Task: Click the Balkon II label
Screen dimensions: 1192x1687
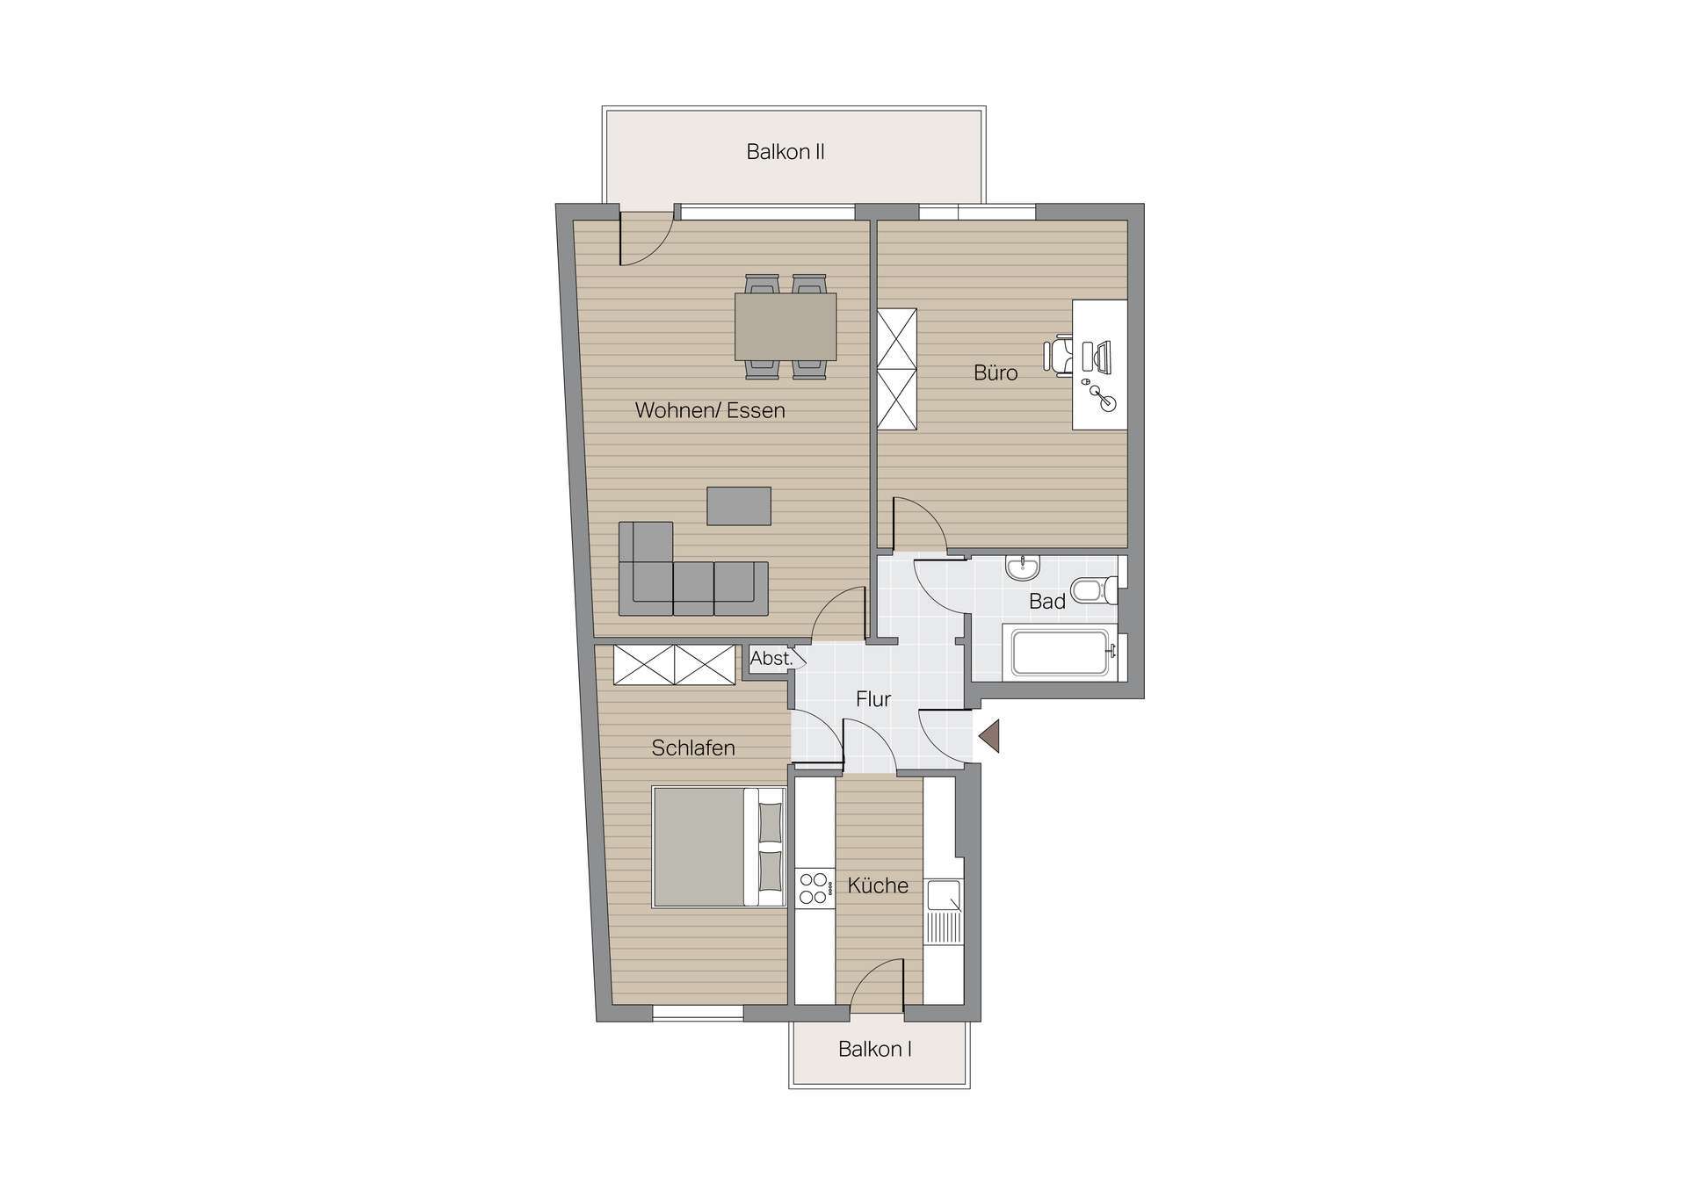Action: (785, 152)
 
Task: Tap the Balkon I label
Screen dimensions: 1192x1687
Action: (874, 1049)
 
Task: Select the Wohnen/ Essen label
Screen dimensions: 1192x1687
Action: (710, 410)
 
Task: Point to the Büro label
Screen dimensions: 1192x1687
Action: (996, 373)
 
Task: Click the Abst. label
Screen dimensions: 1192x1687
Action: (771, 658)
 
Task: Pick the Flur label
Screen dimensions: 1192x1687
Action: (873, 699)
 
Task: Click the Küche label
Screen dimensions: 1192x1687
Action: (878, 885)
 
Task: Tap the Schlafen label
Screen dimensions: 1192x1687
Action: (693, 748)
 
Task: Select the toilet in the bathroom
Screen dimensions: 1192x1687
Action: (1093, 590)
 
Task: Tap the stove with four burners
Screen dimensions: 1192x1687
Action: (814, 887)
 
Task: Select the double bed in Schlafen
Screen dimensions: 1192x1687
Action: (718, 847)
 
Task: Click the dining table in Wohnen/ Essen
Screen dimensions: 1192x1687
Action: (786, 327)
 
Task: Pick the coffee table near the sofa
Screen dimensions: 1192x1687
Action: (739, 506)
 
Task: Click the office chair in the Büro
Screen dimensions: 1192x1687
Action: (1060, 356)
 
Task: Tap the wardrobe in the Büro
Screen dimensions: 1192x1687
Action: (897, 369)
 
